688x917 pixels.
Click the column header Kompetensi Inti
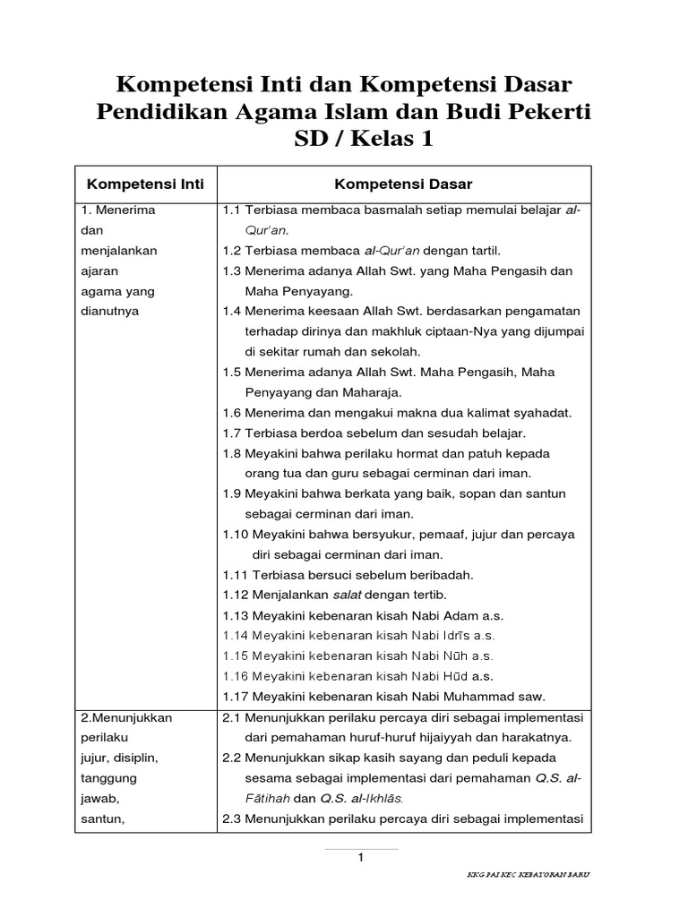coord(145,184)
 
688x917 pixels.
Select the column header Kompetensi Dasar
coord(403,184)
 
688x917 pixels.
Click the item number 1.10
coord(236,535)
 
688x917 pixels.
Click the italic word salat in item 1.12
coord(349,595)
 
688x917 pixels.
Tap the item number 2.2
coord(232,757)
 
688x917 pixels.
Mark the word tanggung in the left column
coord(111,777)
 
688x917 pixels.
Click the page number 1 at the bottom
coord(360,858)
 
